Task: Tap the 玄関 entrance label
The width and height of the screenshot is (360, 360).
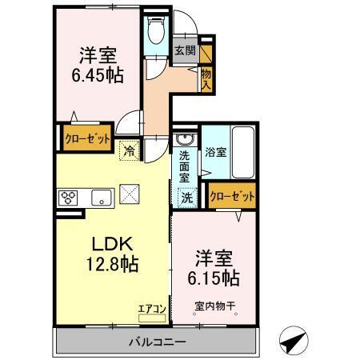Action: [x=184, y=50]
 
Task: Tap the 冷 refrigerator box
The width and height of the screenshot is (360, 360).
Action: [x=128, y=148]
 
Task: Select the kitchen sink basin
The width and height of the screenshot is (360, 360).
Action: [x=101, y=198]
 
